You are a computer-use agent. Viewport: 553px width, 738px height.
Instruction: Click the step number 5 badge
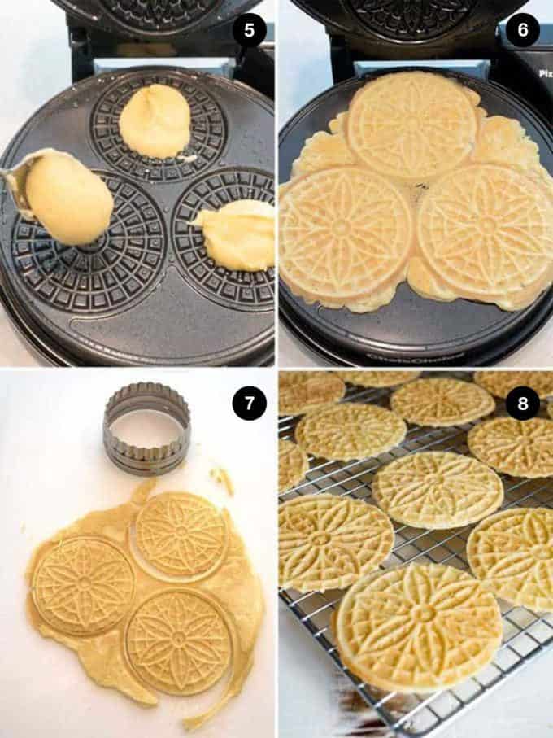point(249,32)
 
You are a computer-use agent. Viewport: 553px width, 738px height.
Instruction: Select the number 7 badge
point(249,403)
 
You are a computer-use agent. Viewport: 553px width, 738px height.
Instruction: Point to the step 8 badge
point(522,403)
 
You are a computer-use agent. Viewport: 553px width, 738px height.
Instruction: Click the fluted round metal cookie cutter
point(146,428)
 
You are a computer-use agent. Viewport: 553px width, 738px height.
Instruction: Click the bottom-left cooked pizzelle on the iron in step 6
point(345,234)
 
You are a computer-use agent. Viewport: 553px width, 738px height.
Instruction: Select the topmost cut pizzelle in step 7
point(181,534)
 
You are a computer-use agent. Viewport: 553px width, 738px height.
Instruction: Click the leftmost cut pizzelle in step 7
point(83,586)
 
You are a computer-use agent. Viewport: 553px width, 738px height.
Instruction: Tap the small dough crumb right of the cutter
point(222,479)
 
